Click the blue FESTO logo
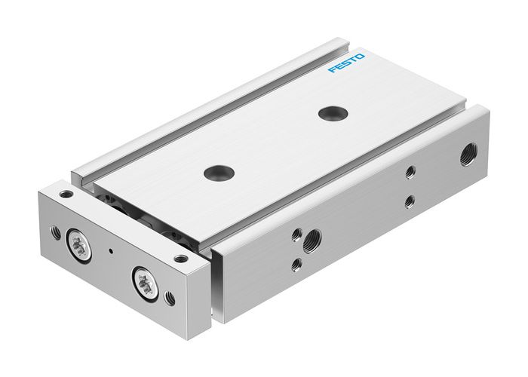[x=347, y=64]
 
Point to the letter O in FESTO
[x=361, y=57]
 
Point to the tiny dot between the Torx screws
[x=110, y=249]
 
